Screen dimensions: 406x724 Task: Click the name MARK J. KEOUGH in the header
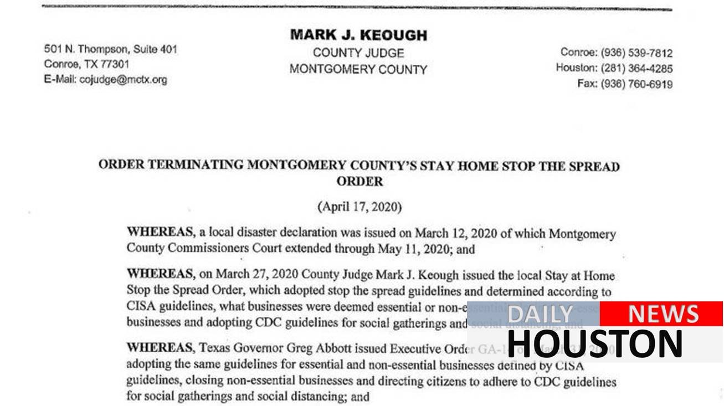pyautogui.click(x=358, y=35)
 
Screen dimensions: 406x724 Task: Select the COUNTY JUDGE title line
pyautogui.click(x=358, y=53)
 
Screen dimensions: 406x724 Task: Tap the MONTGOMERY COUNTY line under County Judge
pyautogui.click(x=358, y=70)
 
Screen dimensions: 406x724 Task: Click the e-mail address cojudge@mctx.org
pyautogui.click(x=123, y=79)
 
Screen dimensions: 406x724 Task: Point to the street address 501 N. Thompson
pyautogui.click(x=88, y=49)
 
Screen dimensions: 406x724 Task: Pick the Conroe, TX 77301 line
pyautogui.click(x=87, y=64)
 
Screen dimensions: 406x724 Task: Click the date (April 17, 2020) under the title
pyautogui.click(x=360, y=207)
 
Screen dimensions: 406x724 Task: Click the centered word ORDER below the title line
pyautogui.click(x=360, y=181)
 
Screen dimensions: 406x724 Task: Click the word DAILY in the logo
pyautogui.click(x=540, y=314)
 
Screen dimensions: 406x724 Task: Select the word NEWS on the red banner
pyautogui.click(x=663, y=314)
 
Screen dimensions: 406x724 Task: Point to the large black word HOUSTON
pyautogui.click(x=594, y=343)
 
